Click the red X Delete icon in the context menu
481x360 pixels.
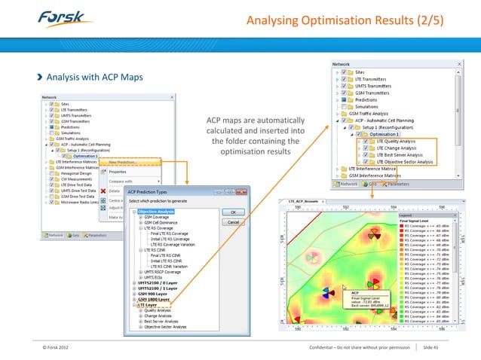[105, 191]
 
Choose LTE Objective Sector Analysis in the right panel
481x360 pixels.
[404, 161]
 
